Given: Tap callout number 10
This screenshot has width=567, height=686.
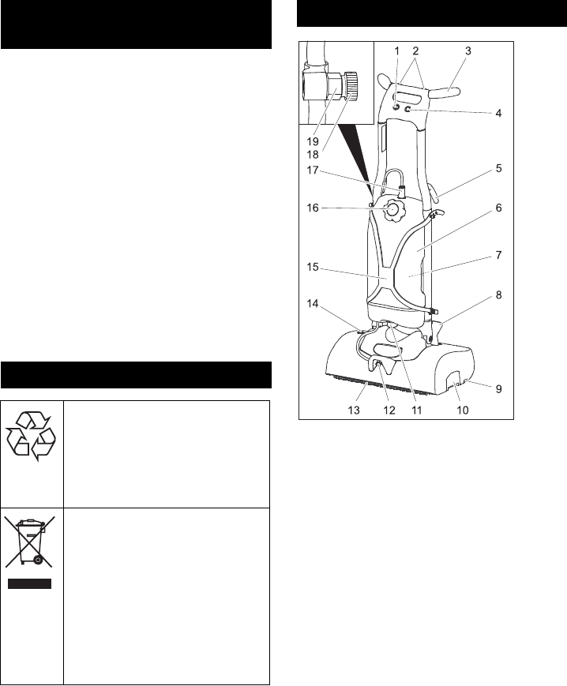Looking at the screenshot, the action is [462, 410].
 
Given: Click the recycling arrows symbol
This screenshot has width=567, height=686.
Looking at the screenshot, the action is [32, 434].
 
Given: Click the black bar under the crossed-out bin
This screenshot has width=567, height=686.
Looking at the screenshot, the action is [32, 585].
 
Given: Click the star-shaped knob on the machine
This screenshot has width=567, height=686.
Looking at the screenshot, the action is [392, 211].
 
